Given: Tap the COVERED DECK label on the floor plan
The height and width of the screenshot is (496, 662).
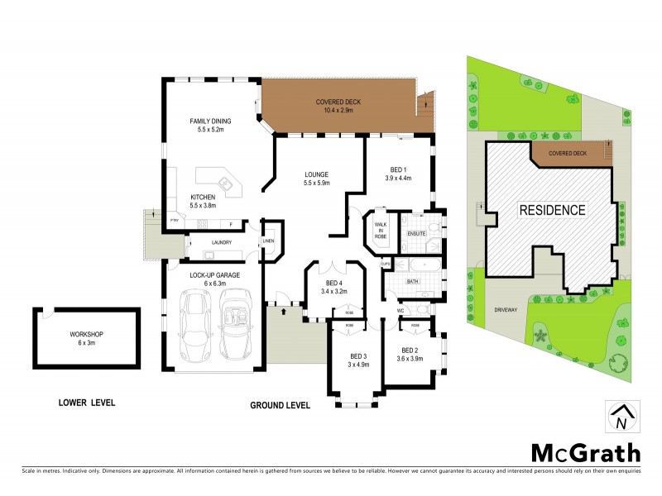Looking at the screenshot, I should pyautogui.click(x=338, y=103).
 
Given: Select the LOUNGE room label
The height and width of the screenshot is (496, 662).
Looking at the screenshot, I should pyautogui.click(x=316, y=174).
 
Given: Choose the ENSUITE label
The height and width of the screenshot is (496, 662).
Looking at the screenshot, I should pyautogui.click(x=416, y=234).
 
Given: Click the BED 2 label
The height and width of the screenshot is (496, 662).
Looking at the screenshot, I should pyautogui.click(x=408, y=351).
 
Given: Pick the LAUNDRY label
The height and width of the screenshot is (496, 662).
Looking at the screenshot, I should pyautogui.click(x=221, y=242).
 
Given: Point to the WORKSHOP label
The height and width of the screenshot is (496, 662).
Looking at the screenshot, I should pyautogui.click(x=86, y=334).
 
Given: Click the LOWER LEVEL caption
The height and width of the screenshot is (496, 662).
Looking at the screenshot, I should pyautogui.click(x=87, y=403).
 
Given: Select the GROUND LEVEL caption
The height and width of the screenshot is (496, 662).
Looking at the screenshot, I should pyautogui.click(x=280, y=406).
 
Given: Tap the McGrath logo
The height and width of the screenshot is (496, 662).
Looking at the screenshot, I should pyautogui.click(x=585, y=452).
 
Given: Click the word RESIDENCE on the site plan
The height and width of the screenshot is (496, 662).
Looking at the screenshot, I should pyautogui.click(x=552, y=210).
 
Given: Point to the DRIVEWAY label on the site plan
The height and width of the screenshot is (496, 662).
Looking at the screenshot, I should pyautogui.click(x=505, y=309).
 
